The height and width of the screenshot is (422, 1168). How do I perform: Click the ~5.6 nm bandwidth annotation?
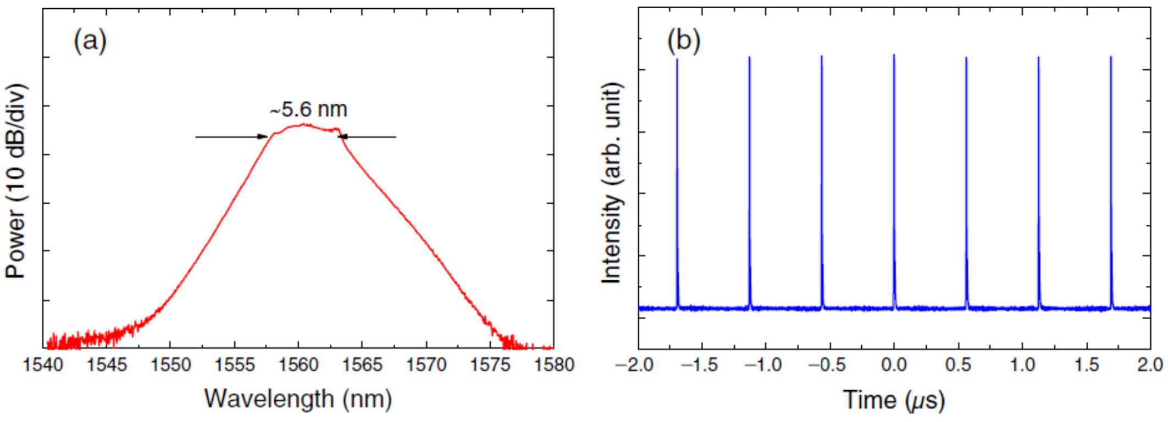[309, 109]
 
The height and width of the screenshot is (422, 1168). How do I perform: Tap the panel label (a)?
[90, 41]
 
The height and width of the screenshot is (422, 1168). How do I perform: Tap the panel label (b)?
[684, 41]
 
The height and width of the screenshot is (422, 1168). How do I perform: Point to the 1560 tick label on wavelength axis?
[298, 365]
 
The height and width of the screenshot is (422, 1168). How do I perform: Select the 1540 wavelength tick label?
[43, 365]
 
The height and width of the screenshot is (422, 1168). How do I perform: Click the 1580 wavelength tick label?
[553, 365]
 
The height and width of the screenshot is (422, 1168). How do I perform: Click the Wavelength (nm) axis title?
[298, 398]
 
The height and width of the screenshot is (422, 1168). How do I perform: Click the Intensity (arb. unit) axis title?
[611, 184]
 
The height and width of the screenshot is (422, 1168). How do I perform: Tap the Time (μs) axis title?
[894, 399]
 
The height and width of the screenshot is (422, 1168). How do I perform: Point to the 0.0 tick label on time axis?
[894, 365]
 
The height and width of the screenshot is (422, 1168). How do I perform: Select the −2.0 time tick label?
[638, 365]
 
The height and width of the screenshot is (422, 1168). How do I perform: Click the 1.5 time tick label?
[1086, 365]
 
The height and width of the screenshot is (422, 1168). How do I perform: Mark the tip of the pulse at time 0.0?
[894, 55]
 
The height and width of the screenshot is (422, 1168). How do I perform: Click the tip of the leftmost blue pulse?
[677, 59]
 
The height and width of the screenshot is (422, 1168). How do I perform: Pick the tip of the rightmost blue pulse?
[1111, 57]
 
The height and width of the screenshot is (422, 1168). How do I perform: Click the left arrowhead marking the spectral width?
[263, 137]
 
